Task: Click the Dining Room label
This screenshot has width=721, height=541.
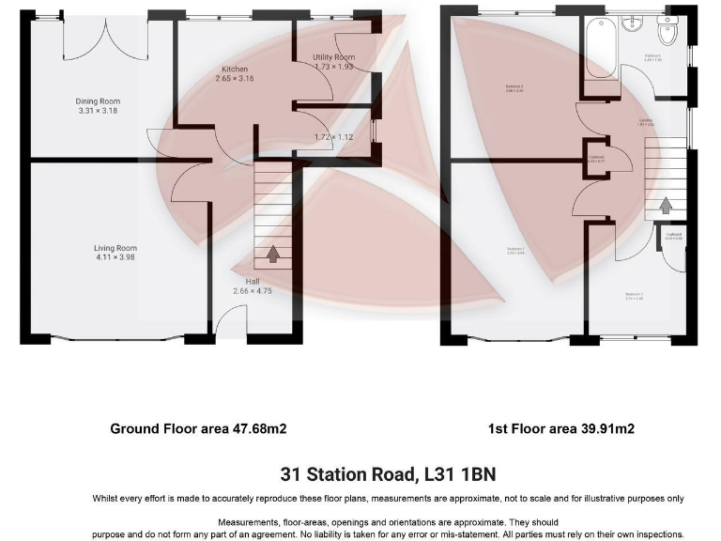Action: coord(98,101)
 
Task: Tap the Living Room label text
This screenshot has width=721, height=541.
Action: coord(115,248)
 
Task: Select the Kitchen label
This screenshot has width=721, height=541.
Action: coord(235,70)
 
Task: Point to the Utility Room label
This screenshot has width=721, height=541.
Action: coord(333,58)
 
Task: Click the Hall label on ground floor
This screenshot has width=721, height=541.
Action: coord(253,281)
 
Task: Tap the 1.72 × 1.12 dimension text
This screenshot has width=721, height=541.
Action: coord(333,137)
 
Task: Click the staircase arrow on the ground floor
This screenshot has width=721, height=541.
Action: coord(273,253)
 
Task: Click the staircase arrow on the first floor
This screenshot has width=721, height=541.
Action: coord(665,204)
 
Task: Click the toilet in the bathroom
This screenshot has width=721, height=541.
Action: coord(667,34)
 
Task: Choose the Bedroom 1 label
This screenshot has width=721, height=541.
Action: coord(515,250)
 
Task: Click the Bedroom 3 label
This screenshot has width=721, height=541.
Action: coord(634,296)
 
